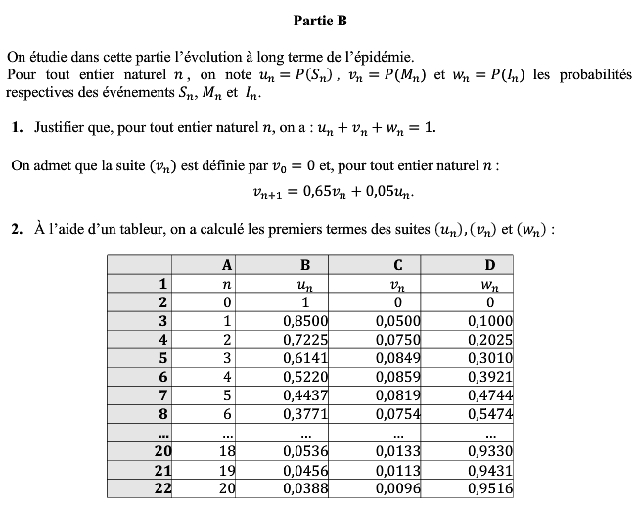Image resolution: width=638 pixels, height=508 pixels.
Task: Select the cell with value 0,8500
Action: [x=304, y=320]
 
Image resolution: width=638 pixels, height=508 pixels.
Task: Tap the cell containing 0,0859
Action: [x=397, y=376]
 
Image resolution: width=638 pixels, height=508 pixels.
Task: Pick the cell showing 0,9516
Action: [x=490, y=487]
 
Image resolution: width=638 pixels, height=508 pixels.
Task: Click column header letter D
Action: [x=490, y=264]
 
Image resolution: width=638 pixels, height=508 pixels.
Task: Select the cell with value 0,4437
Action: [x=304, y=394]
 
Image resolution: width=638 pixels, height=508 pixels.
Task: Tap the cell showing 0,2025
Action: [x=490, y=339]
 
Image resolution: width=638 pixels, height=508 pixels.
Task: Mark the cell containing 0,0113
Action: [x=397, y=469]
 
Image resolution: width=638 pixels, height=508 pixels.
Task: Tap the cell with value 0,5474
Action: [x=490, y=413]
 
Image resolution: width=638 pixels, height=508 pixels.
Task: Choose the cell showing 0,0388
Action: [x=304, y=487]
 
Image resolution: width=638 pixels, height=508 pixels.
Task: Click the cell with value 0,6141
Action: [x=304, y=357]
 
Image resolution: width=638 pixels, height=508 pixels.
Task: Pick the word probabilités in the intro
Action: [x=591, y=75]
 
